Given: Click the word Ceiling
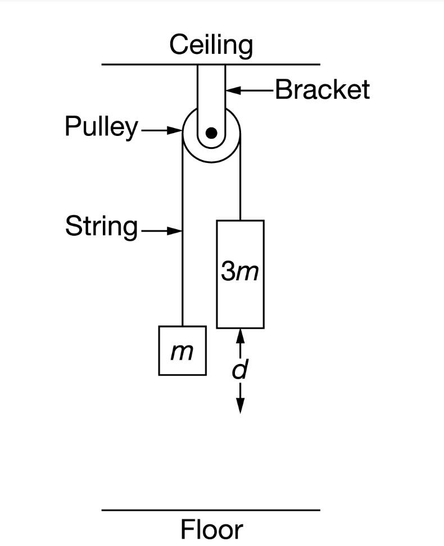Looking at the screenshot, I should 211,45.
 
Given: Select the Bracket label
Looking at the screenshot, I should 322,90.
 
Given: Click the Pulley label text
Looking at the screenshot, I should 101,127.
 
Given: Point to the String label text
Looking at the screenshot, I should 101,227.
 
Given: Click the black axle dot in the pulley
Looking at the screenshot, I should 211,133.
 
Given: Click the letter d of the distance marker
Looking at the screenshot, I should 240,370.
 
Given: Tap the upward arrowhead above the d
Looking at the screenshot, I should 240,335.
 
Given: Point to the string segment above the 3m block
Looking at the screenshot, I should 240,185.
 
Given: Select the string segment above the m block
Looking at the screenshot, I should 182,253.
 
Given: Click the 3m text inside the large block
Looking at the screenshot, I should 240,272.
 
